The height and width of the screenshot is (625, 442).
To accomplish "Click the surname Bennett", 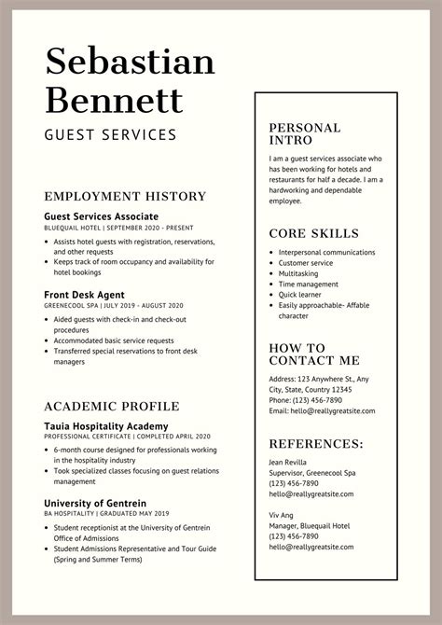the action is point(115,98).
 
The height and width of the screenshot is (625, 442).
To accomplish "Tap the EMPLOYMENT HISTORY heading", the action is point(125,196).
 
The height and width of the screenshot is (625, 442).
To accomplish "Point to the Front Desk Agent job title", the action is point(87,295).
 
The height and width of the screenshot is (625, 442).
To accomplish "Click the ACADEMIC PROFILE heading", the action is point(112,406).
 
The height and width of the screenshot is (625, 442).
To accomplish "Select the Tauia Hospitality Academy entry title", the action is point(104,425).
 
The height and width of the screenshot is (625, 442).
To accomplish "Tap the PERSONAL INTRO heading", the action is point(305,134).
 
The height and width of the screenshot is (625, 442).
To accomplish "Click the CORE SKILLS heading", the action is point(313,233).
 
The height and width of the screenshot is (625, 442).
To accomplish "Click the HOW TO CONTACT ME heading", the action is point(313,354).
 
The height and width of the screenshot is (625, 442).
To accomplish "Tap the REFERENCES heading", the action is point(316,443).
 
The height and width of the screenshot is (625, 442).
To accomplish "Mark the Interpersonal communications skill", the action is point(326,252).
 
